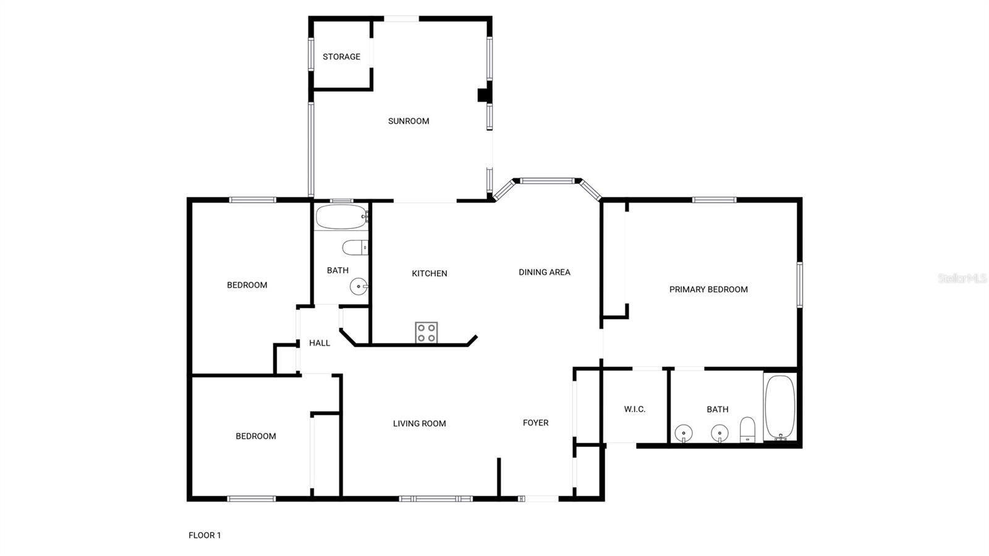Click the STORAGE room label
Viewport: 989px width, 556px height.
[341, 57]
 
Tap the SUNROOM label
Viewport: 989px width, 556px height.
[409, 121]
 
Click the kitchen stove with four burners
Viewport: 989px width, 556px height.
[427, 333]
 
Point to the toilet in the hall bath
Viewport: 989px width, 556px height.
[355, 248]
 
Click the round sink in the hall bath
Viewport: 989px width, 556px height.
[359, 287]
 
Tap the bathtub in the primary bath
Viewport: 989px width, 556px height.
[779, 408]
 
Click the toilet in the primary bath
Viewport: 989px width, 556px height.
[748, 429]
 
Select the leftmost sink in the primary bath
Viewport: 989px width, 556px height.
[684, 433]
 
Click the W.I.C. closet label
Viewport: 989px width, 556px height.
[635, 409]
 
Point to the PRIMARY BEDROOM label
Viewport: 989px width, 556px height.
[708, 289]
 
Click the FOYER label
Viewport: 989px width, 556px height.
[535, 423]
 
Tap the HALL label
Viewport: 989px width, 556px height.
[320, 343]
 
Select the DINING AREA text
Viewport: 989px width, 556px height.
[544, 272]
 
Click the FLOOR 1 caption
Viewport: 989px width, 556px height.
[205, 536]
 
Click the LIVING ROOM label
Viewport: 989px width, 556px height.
[419, 424]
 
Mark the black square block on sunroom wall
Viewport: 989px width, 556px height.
[483, 95]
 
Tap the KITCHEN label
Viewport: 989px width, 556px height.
[430, 273]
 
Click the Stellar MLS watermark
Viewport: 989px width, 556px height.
[962, 278]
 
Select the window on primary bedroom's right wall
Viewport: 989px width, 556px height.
[799, 284]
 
